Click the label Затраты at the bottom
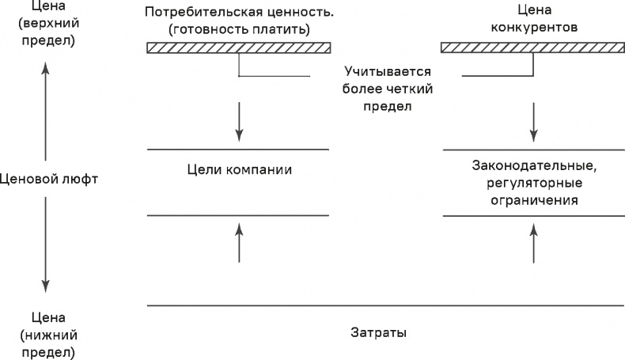379,332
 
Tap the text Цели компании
237,169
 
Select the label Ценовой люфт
49,179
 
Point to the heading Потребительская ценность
238,13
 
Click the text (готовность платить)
238,29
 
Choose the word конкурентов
534,27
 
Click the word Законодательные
533,166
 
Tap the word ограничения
533,200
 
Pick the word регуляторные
533,184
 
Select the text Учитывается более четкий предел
377,88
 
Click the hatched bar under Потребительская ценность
238,48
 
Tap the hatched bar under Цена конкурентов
534,48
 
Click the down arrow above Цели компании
238,122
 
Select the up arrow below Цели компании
238,241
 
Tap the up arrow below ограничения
534,241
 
